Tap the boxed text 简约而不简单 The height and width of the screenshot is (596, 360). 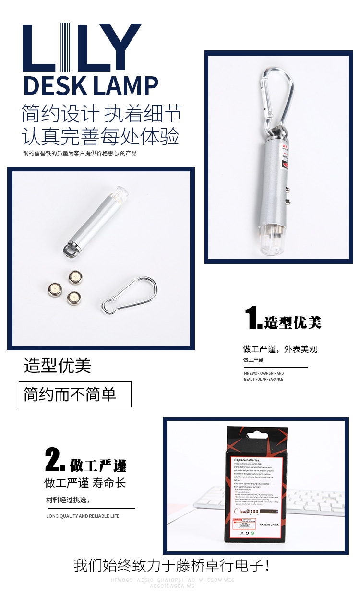pyautogui.click(x=71, y=394)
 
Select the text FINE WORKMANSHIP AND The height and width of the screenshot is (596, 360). pyautogui.click(x=264, y=373)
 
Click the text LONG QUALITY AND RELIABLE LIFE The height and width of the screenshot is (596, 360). pyautogui.click(x=83, y=516)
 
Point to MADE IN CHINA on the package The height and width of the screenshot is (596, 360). pyautogui.click(x=270, y=525)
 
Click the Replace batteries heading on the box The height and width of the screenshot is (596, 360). pyautogui.click(x=247, y=459)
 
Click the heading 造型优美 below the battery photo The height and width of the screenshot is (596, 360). pyautogui.click(x=58, y=366)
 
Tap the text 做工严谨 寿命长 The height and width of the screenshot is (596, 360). pyautogui.click(x=85, y=483)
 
